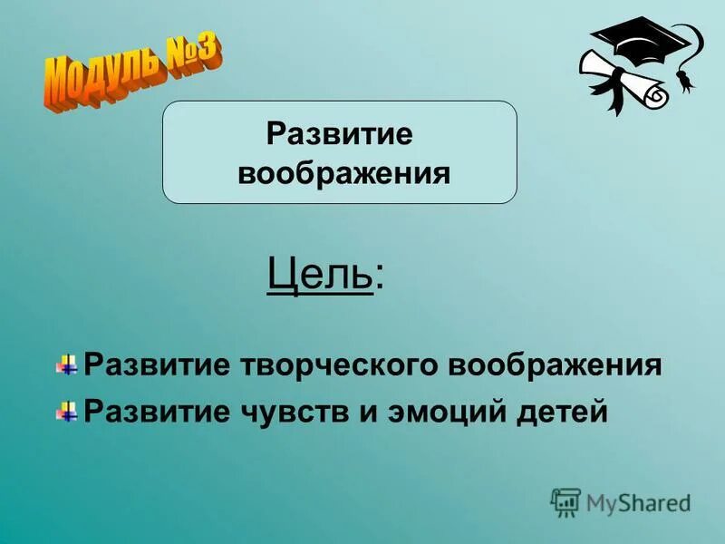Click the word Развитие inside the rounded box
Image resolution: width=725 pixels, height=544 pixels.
(x=340, y=134)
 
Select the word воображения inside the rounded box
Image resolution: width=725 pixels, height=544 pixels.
(x=343, y=172)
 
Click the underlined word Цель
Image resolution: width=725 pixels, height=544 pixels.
(x=320, y=273)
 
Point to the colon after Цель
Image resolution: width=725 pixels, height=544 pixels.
(x=379, y=277)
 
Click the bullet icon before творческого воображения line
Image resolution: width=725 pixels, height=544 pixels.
(x=66, y=366)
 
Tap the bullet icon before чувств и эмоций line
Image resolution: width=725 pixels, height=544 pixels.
(x=66, y=412)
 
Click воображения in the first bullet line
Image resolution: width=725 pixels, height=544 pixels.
(x=555, y=365)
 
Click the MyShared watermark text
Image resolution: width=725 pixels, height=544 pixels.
(x=638, y=501)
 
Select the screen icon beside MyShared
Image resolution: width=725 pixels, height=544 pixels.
(x=565, y=501)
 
